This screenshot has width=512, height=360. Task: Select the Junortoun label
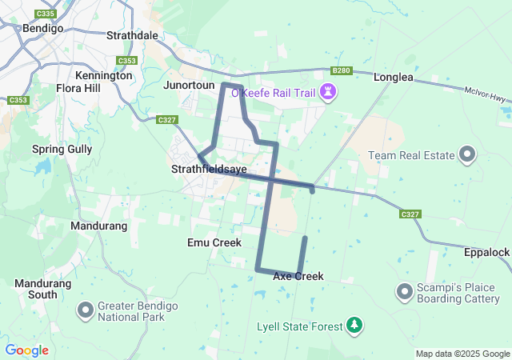189,85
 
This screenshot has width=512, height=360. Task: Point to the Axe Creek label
298,276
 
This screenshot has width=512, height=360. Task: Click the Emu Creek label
214,242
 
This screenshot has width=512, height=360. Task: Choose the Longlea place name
394,77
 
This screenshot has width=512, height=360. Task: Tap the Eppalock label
486,252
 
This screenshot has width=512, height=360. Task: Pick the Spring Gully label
62,149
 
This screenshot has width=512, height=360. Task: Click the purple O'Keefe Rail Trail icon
327,93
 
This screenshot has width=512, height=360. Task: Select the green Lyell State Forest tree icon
354,326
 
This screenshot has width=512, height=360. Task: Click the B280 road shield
342,70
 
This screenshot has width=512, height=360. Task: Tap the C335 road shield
46,14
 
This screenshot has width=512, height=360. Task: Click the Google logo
26,350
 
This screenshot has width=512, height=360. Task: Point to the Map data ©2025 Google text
462,354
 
